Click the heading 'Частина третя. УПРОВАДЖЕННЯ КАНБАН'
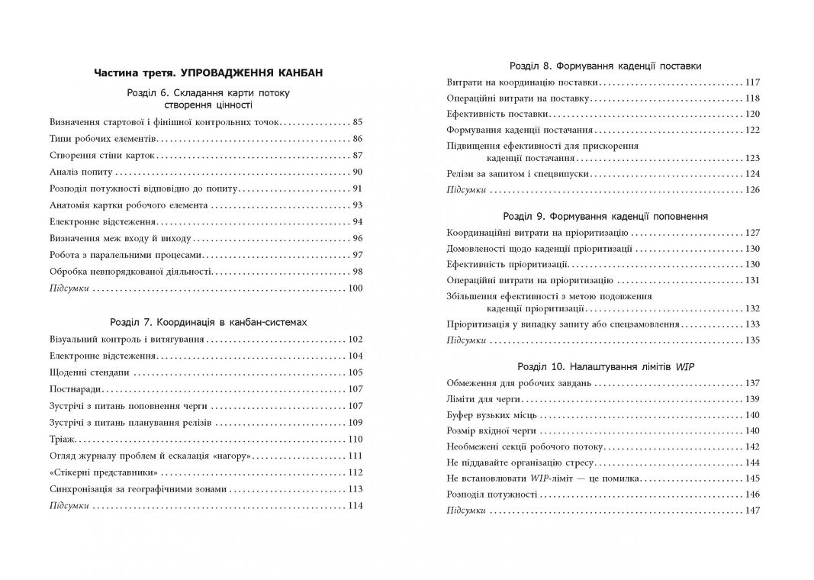(x=208, y=73)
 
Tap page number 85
(x=357, y=121)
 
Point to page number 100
(x=355, y=288)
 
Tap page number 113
(x=355, y=489)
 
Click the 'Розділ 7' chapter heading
(x=208, y=322)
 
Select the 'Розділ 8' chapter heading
(x=604, y=66)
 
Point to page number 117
(x=752, y=82)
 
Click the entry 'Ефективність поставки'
(x=497, y=114)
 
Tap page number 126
(x=752, y=189)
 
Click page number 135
(x=752, y=340)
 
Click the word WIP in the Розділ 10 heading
(x=684, y=366)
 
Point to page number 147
(x=752, y=511)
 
